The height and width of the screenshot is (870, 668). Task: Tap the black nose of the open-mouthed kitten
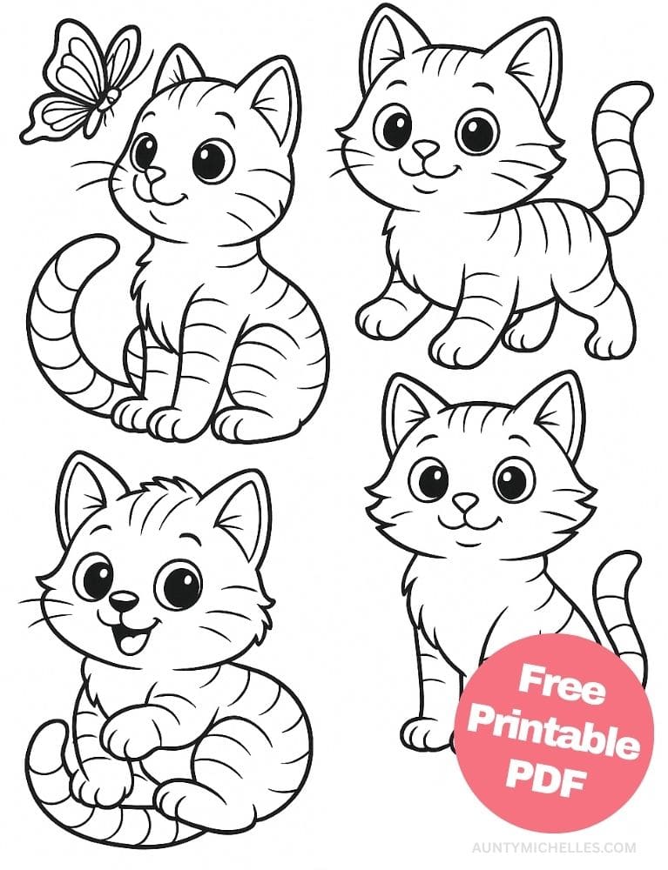point(125,600)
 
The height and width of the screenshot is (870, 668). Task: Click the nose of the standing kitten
point(426,151)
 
